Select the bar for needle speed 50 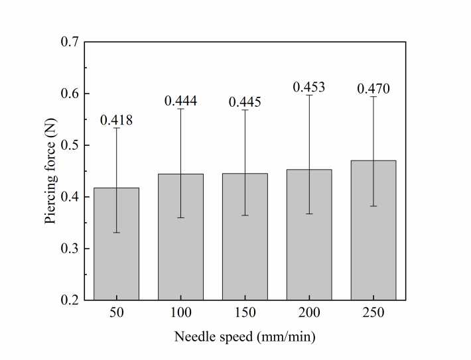click(116, 259)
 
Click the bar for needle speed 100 click(180, 252)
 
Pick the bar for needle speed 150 click(245, 252)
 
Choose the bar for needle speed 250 click(373, 245)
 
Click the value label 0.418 click(116, 120)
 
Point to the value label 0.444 click(180, 101)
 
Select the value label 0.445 click(245, 102)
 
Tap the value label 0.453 click(309, 88)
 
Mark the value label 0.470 click(373, 89)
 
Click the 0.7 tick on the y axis click(70, 42)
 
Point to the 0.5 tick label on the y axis click(70, 146)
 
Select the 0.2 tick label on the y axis click(70, 300)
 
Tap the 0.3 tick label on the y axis click(70, 249)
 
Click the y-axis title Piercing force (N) click(50, 171)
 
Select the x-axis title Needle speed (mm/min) click(245, 337)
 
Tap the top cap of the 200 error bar click(309, 95)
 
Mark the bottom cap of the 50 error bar click(116, 233)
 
